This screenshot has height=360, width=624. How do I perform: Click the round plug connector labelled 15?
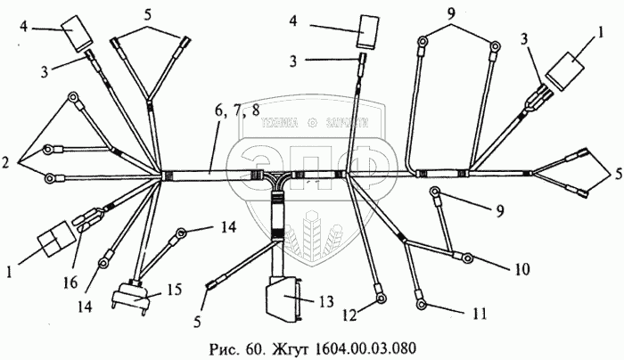click(x=132, y=298)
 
